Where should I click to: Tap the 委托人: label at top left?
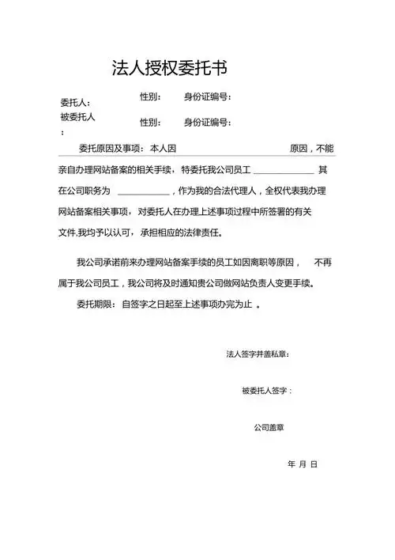pyautogui.click(x=75, y=103)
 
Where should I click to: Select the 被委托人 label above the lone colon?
pyautogui.click(x=77, y=117)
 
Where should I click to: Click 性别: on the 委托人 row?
pyautogui.click(x=150, y=97)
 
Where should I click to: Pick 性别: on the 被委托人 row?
pyautogui.click(x=150, y=122)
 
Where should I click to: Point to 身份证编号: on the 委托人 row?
pyautogui.click(x=207, y=97)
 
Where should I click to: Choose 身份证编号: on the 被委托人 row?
pyautogui.click(x=207, y=122)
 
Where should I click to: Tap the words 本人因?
pyautogui.click(x=162, y=149)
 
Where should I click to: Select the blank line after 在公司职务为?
pyautogui.click(x=142, y=192)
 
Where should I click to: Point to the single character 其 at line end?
pyautogui.click(x=322, y=170)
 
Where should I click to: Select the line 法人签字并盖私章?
pyautogui.click(x=258, y=354)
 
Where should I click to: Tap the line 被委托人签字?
pyautogui.click(x=267, y=391)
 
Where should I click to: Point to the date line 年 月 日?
pyautogui.click(x=302, y=464)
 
